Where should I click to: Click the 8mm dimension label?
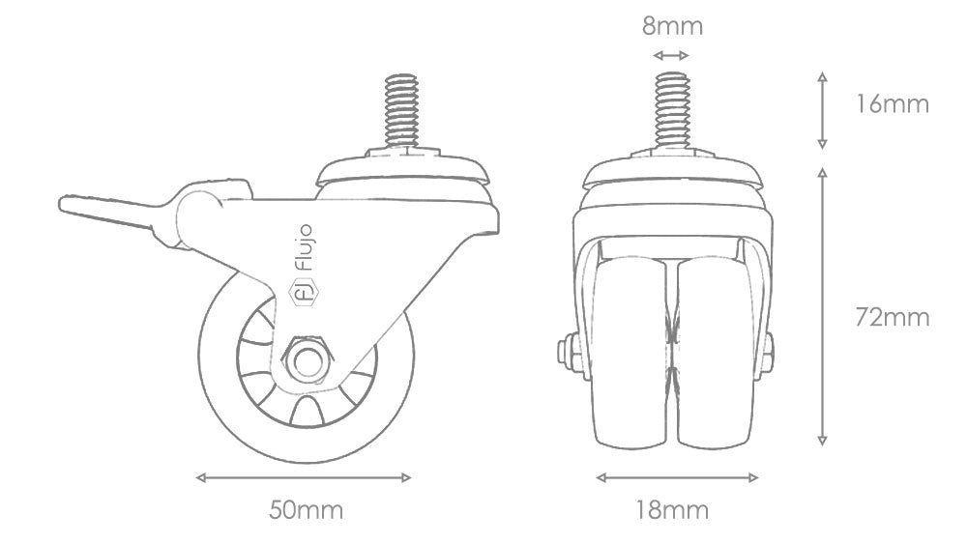(672, 26)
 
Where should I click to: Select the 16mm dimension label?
(892, 104)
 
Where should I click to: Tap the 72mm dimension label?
(892, 318)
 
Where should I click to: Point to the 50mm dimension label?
(306, 510)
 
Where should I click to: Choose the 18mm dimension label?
(672, 510)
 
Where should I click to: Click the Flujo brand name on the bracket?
(306, 247)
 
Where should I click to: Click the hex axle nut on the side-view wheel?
(308, 361)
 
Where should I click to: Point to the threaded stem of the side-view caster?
(400, 111)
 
